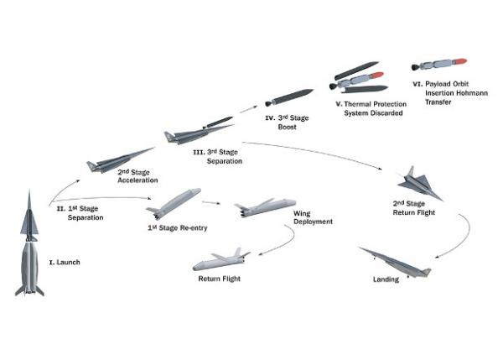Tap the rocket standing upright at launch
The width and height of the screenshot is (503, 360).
click(29, 248)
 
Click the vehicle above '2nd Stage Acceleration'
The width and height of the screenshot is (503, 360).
click(117, 160)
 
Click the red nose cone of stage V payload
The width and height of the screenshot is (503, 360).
click(379, 78)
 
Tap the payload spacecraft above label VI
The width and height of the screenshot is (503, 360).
click(439, 65)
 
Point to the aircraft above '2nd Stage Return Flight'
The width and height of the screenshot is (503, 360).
click(417, 183)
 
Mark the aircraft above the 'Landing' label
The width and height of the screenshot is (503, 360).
click(394, 263)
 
